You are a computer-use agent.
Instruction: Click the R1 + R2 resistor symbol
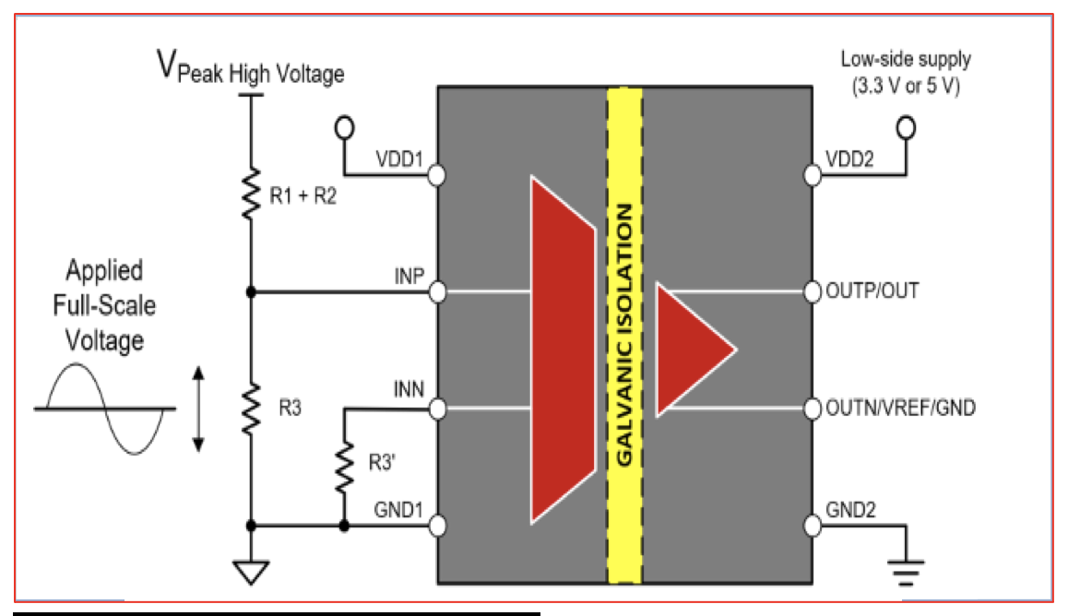click(x=252, y=194)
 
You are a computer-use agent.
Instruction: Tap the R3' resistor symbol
click(x=344, y=467)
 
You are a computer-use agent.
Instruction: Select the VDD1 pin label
click(x=399, y=160)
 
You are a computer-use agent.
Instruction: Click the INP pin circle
click(x=437, y=292)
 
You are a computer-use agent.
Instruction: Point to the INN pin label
click(x=409, y=389)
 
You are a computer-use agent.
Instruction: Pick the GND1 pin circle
click(x=437, y=526)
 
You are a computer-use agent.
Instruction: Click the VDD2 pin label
click(x=849, y=160)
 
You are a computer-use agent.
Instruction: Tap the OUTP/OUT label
click(x=872, y=291)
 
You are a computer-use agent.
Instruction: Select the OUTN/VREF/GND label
click(x=900, y=408)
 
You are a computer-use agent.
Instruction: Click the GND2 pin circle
click(x=812, y=526)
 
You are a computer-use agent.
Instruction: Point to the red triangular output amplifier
click(x=694, y=349)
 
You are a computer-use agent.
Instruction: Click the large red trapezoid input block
click(x=564, y=349)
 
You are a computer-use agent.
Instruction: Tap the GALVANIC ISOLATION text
click(x=623, y=335)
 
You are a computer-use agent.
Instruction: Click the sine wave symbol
click(x=105, y=409)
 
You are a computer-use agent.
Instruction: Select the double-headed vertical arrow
click(x=198, y=409)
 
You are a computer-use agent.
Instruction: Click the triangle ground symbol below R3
click(x=252, y=572)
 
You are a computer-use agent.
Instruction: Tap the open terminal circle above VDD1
click(x=345, y=127)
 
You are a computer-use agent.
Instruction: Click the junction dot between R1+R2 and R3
click(x=252, y=292)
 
